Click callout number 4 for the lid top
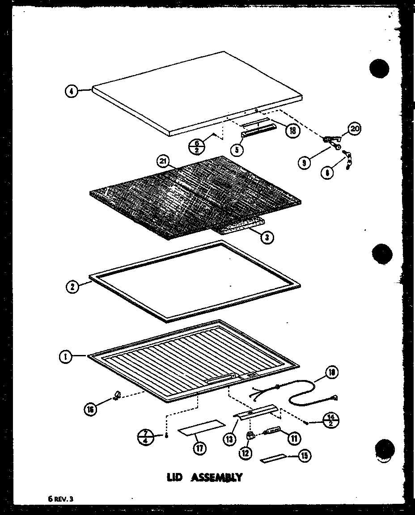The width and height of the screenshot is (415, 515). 71,91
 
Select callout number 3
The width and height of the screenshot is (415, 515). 267,237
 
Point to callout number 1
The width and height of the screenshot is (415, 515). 65,357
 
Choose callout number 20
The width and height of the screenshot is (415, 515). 354,129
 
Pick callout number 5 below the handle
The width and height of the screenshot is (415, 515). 238,149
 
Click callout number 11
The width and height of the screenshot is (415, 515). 294,439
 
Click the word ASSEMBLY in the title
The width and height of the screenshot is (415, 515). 217,477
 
